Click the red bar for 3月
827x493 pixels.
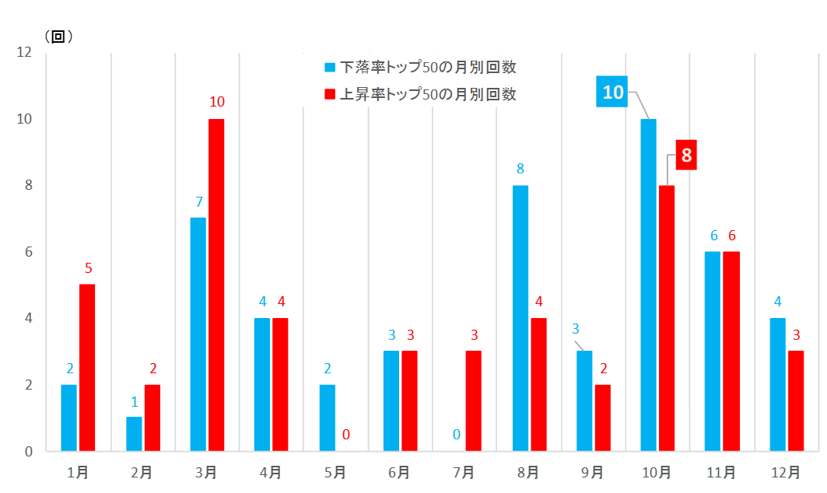(216, 285)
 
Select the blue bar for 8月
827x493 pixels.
(520, 318)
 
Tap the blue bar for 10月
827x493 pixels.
(648, 285)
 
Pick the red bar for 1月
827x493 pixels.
(87, 367)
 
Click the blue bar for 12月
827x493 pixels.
(777, 384)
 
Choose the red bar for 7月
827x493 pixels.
(474, 400)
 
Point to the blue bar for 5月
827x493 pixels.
(328, 418)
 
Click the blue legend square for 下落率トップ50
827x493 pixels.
(329, 68)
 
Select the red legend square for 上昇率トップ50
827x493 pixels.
(329, 94)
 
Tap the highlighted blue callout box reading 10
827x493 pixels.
(613, 92)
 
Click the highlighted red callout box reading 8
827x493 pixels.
(686, 155)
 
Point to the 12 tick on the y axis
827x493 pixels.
(23, 53)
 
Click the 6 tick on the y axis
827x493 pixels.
(27, 252)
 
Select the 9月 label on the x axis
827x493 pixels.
(592, 472)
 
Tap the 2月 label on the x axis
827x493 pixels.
(142, 472)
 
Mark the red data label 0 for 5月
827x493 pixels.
(346, 434)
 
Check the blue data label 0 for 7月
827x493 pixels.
(457, 434)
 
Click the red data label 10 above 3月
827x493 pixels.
(217, 102)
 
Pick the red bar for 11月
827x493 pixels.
(731, 351)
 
